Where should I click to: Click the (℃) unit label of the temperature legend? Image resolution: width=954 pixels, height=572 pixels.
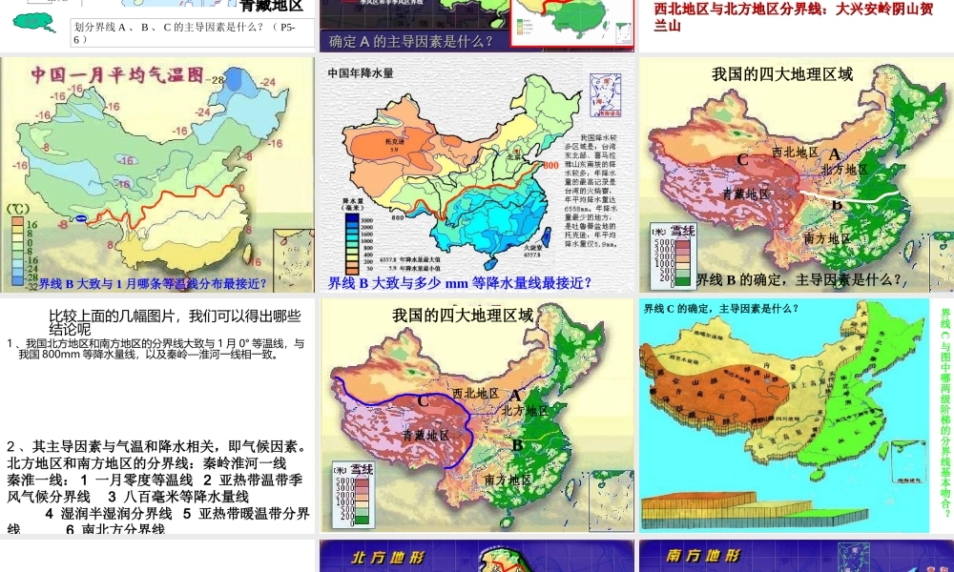[x=17, y=209]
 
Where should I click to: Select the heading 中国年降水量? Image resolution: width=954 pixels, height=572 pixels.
[x=361, y=72]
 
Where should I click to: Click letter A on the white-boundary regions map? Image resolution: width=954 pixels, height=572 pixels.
[x=834, y=153]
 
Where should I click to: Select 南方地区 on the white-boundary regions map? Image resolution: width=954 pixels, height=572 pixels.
[x=827, y=237]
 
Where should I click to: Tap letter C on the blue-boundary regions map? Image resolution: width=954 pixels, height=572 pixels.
[x=423, y=401]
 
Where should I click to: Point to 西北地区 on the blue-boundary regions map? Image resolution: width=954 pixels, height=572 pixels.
[x=475, y=393]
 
